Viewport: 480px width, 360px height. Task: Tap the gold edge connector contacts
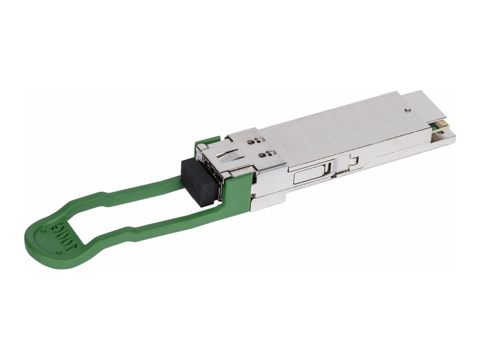coord(441,126)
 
